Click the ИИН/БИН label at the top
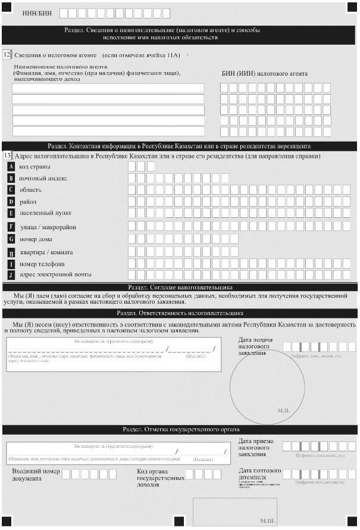point(37,13)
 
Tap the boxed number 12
point(7,55)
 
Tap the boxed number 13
point(7,155)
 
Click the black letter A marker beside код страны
point(11,167)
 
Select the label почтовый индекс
point(43,178)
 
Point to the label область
point(30,190)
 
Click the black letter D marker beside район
point(11,201)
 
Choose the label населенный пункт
point(45,212)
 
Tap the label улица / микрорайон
point(48,227)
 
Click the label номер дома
point(37,238)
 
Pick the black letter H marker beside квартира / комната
point(11,252)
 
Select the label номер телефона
point(42,264)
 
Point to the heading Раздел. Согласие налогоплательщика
point(180,287)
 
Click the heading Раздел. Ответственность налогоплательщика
point(180,313)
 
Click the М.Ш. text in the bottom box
point(267,520)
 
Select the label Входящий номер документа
point(35,475)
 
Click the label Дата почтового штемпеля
point(259,474)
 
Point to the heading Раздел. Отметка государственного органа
point(180,429)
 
